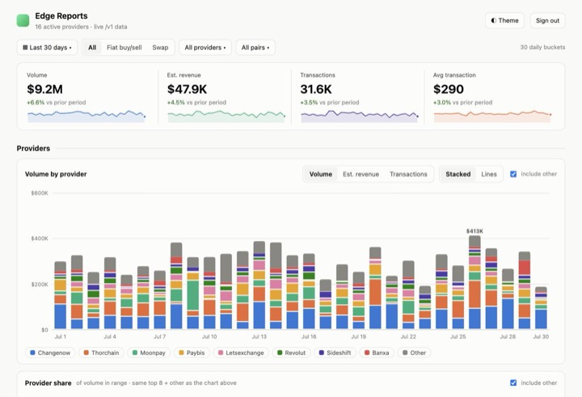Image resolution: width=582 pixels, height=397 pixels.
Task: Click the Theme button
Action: click(x=504, y=21)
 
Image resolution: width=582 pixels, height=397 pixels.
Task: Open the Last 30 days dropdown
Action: click(x=47, y=48)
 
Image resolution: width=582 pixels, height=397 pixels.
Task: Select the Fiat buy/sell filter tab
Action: click(x=124, y=48)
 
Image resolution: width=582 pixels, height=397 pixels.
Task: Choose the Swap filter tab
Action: click(x=160, y=48)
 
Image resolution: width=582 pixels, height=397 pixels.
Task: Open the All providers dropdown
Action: click(x=205, y=48)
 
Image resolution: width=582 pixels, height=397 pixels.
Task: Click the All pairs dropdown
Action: click(x=255, y=48)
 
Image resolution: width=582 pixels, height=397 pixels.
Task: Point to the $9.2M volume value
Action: click(x=44, y=89)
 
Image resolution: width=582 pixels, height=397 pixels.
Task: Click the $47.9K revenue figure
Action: click(x=187, y=89)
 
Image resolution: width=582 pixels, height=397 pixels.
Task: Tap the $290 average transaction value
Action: click(x=449, y=89)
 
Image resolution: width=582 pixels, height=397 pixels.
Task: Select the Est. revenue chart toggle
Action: click(x=361, y=174)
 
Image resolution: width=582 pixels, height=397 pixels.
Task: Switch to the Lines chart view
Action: click(x=489, y=174)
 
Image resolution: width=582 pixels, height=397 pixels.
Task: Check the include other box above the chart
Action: click(x=513, y=174)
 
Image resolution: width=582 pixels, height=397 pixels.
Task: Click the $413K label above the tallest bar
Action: click(x=474, y=231)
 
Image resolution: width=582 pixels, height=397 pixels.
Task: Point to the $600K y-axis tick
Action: click(x=40, y=193)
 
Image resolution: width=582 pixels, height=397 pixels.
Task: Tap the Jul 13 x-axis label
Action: click(x=259, y=337)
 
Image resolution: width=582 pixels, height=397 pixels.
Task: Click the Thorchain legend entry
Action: click(x=101, y=353)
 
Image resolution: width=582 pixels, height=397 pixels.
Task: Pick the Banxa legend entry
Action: click(x=377, y=353)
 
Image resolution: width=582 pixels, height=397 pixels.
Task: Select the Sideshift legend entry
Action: click(x=335, y=353)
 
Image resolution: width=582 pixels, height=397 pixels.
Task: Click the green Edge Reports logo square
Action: click(x=23, y=21)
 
